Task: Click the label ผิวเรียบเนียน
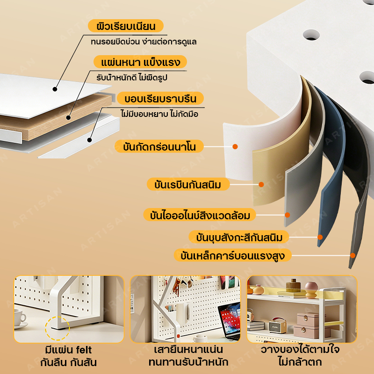126,26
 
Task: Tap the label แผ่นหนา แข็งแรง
140,62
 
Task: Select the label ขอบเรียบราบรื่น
160,98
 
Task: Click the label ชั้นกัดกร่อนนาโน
159,146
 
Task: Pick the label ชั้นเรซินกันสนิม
188,184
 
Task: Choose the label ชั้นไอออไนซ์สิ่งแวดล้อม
200,215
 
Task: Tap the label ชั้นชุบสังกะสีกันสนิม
239,237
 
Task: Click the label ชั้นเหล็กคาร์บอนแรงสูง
233,255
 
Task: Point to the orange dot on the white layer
235,146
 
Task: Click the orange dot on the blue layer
320,237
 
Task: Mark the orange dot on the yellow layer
261,184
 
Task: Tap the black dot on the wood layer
68,117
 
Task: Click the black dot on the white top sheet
55,89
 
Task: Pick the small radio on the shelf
278,325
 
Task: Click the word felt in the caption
84,350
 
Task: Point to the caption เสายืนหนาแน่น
188,349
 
